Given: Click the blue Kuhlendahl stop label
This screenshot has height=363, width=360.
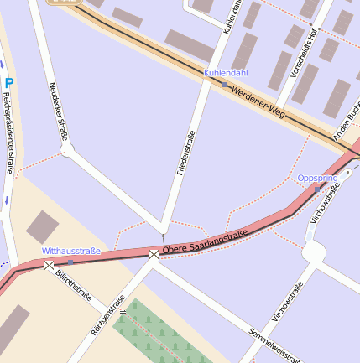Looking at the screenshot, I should (226, 73).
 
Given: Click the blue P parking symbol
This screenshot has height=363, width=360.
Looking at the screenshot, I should (9, 83).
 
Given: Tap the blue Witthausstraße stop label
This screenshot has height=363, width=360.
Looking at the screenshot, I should (71, 251).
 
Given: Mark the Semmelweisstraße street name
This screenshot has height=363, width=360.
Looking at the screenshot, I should (274, 345).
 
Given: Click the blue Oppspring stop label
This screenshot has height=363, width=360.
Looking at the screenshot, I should (317, 178).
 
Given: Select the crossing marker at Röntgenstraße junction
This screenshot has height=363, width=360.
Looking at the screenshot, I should (154, 253).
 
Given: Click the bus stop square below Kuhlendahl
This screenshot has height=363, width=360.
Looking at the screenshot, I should (225, 85).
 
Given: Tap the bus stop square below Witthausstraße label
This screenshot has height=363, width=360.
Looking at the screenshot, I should (70, 262).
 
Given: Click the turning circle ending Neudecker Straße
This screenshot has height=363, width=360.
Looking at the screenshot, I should (67, 150).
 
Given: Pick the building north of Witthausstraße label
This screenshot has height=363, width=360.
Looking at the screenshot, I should (41, 227).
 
